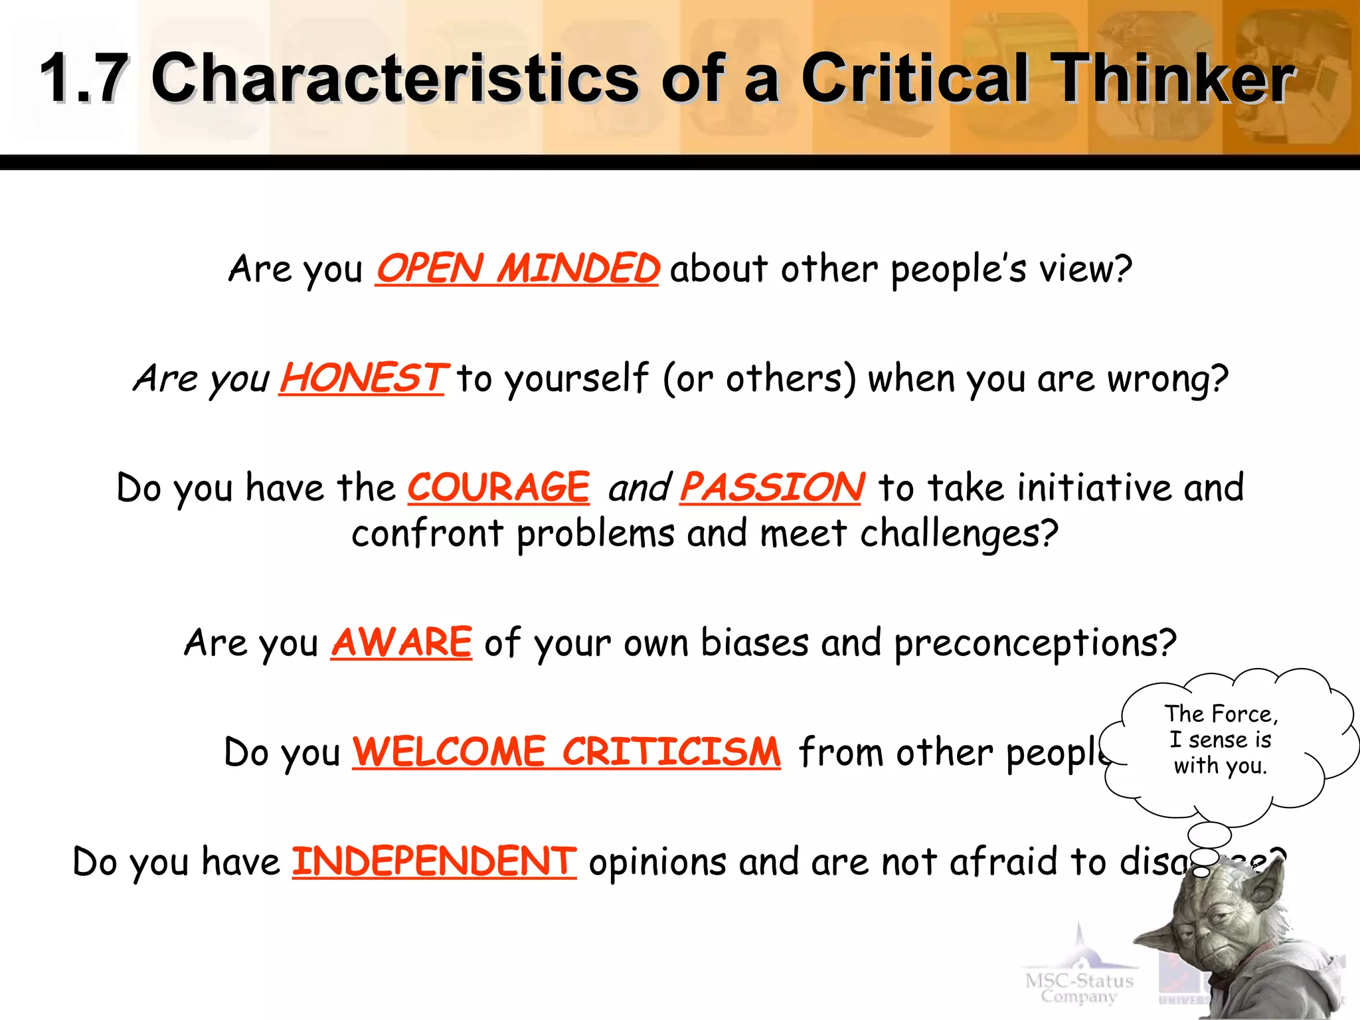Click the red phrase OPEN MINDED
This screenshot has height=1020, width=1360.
517,268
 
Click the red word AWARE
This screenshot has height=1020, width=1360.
402,642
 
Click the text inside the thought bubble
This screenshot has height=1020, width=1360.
1221,739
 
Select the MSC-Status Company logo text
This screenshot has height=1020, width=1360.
1079,987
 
